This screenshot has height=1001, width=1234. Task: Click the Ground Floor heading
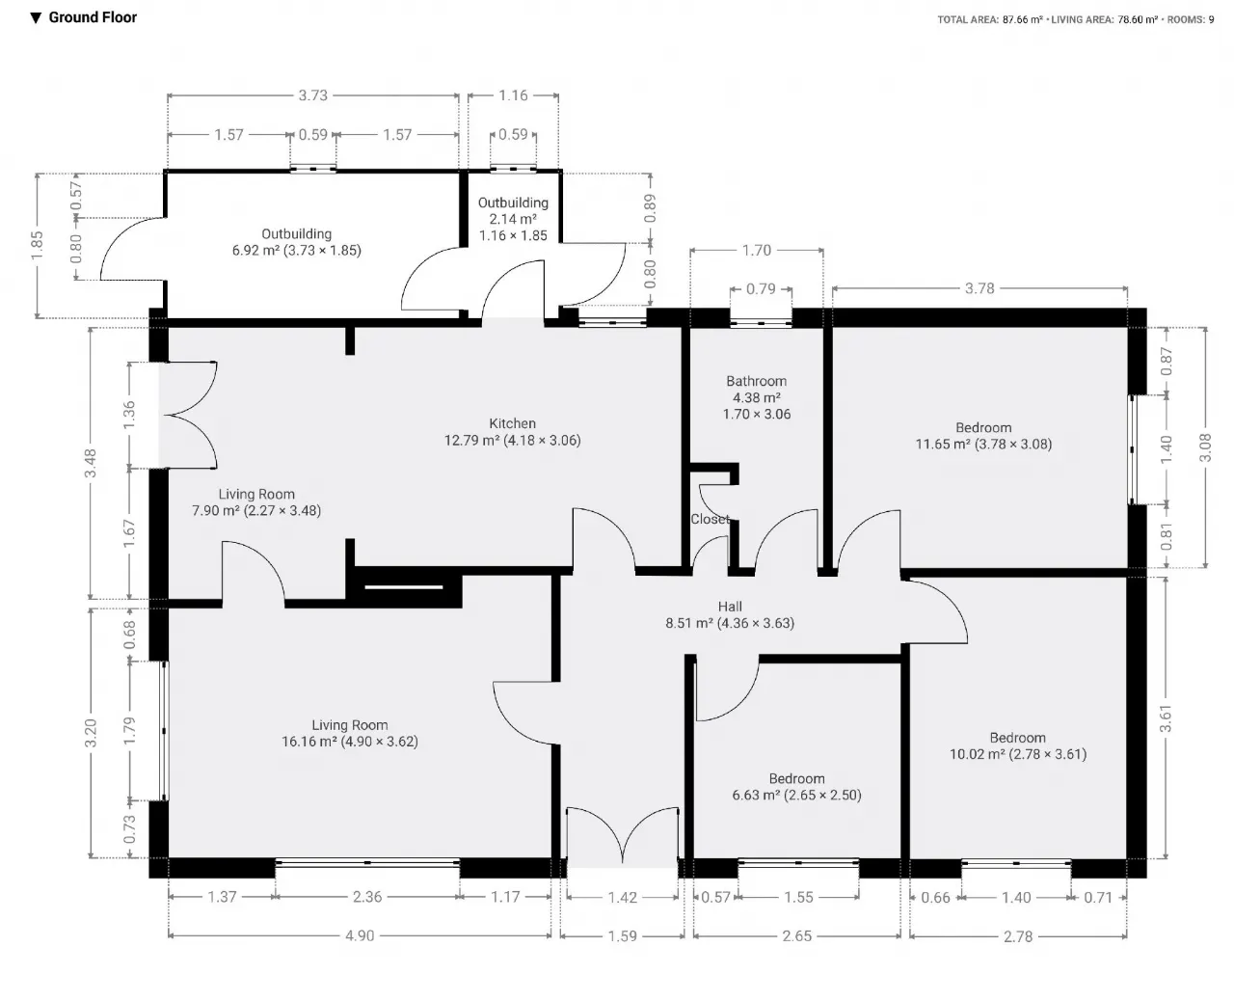pos(93,17)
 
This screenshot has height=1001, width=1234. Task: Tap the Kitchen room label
pos(512,432)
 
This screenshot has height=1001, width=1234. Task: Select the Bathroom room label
pos(757,397)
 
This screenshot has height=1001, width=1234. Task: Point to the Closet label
pos(710,519)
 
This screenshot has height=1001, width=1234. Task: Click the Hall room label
pos(730,615)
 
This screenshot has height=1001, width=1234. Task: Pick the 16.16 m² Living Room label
pos(349,733)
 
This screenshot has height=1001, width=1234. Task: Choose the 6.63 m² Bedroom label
pos(796,787)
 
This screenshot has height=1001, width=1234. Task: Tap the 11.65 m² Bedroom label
pos(983,436)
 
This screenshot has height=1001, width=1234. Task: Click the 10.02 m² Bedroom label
pos(1018,746)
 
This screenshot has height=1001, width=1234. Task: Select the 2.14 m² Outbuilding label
pos(513,219)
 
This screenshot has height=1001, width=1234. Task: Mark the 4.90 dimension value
pos(360,936)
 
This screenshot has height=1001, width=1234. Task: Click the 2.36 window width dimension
pos(367,897)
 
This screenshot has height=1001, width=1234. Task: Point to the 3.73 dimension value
pos(313,95)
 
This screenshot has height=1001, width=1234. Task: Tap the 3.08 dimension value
pos(1205,447)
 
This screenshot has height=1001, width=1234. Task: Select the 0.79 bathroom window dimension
pos(761,288)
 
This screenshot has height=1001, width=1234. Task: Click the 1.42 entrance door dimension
pos(622,898)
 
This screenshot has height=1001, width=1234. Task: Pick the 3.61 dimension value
pos(1166,718)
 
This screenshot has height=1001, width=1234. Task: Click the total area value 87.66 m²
pos(1023,19)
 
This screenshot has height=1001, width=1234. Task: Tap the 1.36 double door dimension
pos(129,415)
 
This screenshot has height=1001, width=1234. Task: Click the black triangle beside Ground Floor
pos(36,18)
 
